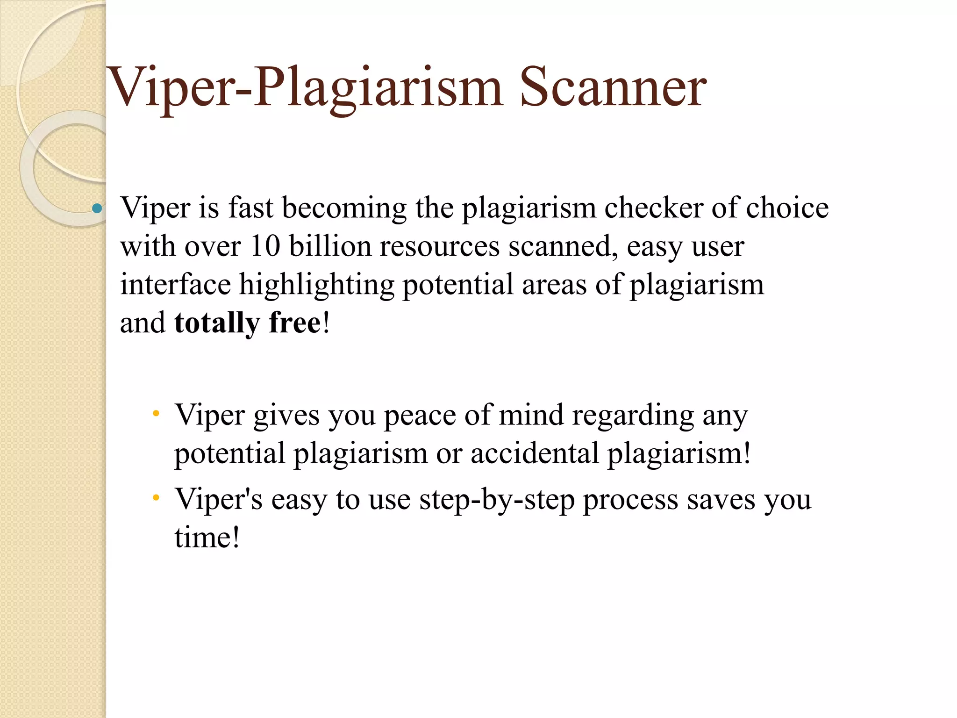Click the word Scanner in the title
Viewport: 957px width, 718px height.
tap(613, 87)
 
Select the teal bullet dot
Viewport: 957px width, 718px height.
tap(97, 208)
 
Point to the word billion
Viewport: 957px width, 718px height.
tap(330, 246)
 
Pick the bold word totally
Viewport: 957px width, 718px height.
tap(217, 323)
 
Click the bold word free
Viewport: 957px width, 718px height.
tap(295, 323)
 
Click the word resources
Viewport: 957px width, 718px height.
tap(440, 246)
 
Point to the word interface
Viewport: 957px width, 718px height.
tap(175, 284)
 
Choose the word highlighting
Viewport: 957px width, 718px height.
tap(317, 285)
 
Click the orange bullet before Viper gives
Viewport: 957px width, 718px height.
tap(156, 413)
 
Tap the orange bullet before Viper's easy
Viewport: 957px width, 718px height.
tap(156, 498)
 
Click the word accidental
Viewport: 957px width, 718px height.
tap(535, 453)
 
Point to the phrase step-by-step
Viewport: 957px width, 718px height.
tap(497, 500)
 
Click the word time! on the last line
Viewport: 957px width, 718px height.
tap(207, 538)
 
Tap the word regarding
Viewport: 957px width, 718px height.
tap(633, 415)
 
